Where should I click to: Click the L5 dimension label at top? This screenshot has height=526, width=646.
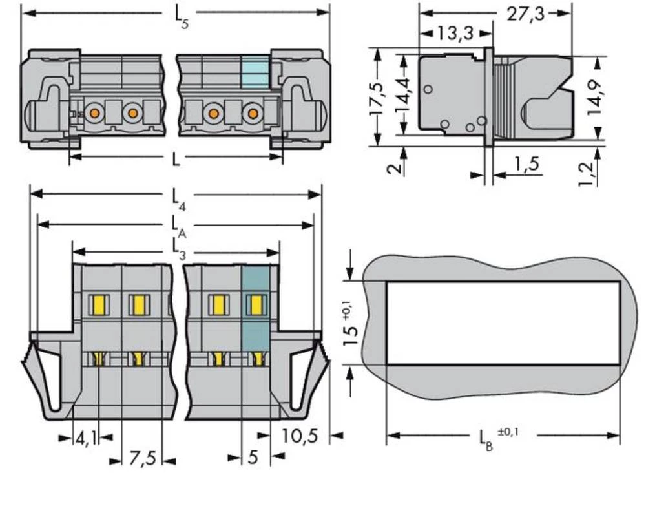182,16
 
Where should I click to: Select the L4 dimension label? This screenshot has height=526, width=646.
180,198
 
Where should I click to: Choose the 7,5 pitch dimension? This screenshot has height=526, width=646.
142,459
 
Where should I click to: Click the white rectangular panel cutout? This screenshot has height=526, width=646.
503,323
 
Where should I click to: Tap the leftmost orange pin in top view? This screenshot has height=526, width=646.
95,114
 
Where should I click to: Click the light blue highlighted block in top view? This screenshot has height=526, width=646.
255,72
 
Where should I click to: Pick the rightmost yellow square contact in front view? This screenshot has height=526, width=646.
256,304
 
